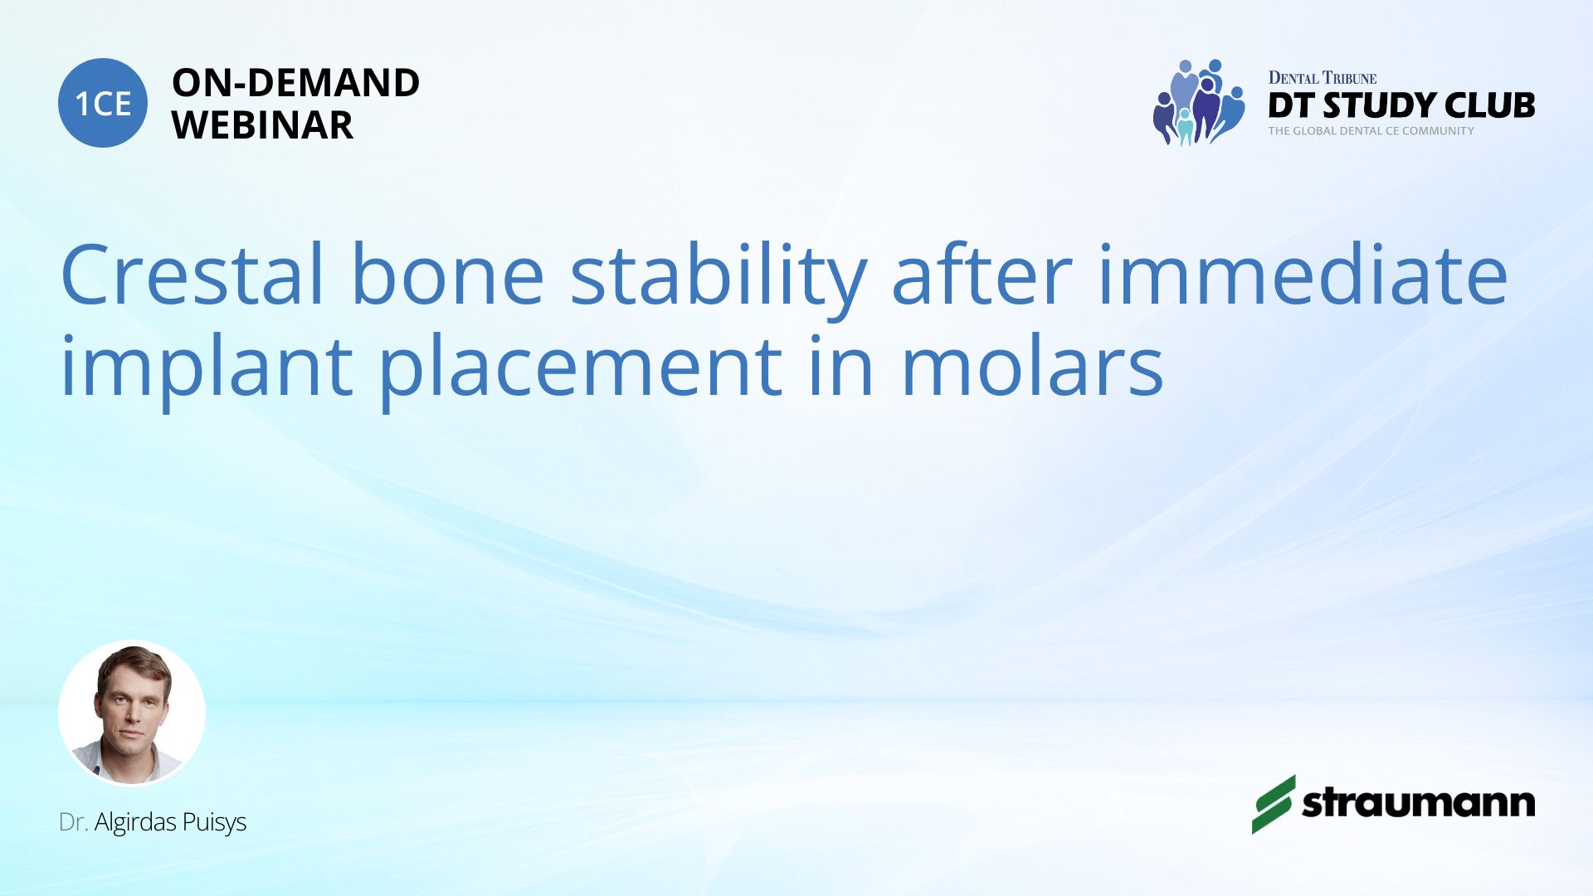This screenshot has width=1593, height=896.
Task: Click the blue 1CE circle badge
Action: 103,103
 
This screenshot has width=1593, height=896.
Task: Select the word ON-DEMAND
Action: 296,83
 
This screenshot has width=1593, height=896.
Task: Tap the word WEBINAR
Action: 263,125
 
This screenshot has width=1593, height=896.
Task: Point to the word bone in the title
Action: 448,275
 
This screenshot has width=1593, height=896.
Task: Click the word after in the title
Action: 982,275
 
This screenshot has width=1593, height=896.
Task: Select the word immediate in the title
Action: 1303,275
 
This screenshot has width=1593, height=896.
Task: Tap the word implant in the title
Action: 207,370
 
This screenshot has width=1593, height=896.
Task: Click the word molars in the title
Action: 1032,365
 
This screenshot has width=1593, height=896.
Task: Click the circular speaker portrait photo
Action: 132,713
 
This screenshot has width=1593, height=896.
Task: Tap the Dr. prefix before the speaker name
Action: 74,822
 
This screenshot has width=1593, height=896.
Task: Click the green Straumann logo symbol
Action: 1273,804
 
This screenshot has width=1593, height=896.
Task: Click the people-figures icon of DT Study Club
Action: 1199,102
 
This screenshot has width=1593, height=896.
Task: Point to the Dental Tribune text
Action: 1322,78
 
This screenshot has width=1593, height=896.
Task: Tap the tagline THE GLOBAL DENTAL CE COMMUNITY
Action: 1371,131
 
